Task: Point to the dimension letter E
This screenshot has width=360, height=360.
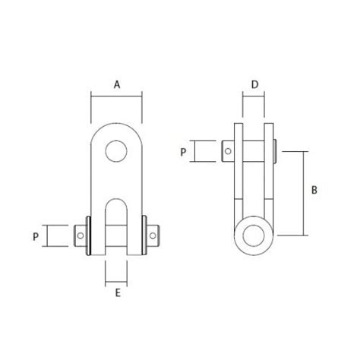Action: coord(116,292)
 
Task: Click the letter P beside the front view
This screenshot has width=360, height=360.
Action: coord(35,236)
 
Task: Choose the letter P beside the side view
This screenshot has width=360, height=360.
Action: coord(182,152)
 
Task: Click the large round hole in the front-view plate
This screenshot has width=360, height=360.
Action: coord(116,150)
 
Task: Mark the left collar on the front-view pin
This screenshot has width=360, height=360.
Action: coord(89,235)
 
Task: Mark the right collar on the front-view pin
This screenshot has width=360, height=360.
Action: coord(144,235)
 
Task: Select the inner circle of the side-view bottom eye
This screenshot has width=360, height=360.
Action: coord(254,235)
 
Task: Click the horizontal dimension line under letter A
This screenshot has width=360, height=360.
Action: coord(116,95)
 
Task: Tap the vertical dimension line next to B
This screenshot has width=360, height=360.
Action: coord(304,193)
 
